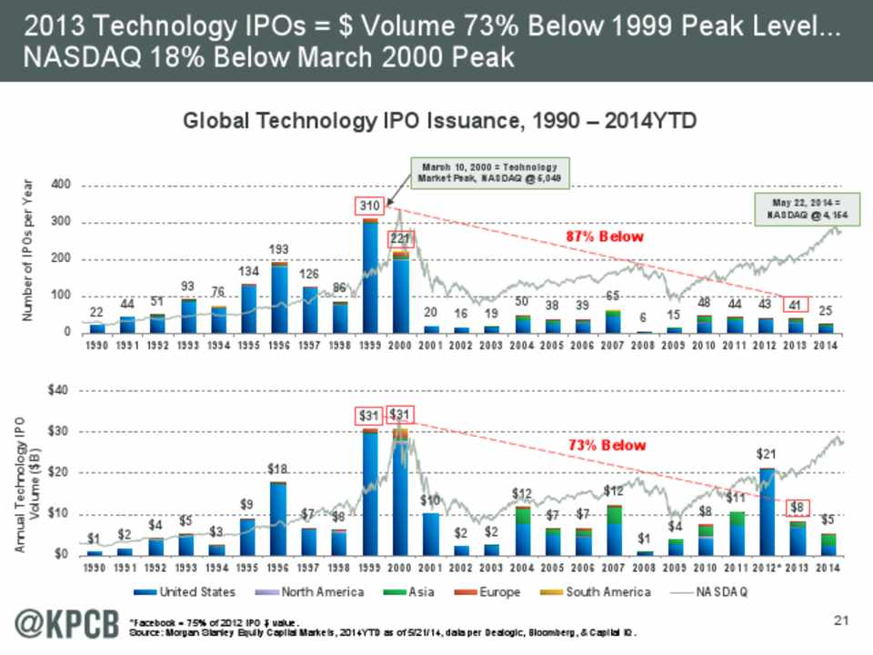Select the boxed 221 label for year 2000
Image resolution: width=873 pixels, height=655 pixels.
point(401,238)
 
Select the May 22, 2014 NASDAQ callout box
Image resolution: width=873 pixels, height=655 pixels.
point(798,208)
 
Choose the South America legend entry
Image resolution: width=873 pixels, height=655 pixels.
point(607,592)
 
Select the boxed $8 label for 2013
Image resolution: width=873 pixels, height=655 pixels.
point(796,507)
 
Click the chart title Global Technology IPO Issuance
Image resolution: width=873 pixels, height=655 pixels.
point(440,121)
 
